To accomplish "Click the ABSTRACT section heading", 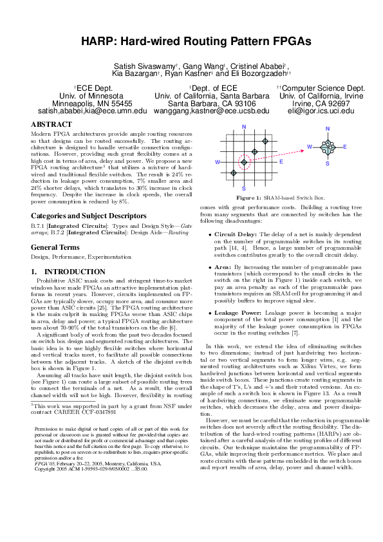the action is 47,123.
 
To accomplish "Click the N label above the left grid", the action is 243,126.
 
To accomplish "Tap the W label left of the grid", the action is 217,162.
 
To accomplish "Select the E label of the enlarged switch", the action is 345,147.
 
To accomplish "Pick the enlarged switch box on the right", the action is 328,147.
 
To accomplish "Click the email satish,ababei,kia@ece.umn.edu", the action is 83,111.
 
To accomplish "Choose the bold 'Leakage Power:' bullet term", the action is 238,312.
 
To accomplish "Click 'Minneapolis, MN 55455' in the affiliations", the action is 83,103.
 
